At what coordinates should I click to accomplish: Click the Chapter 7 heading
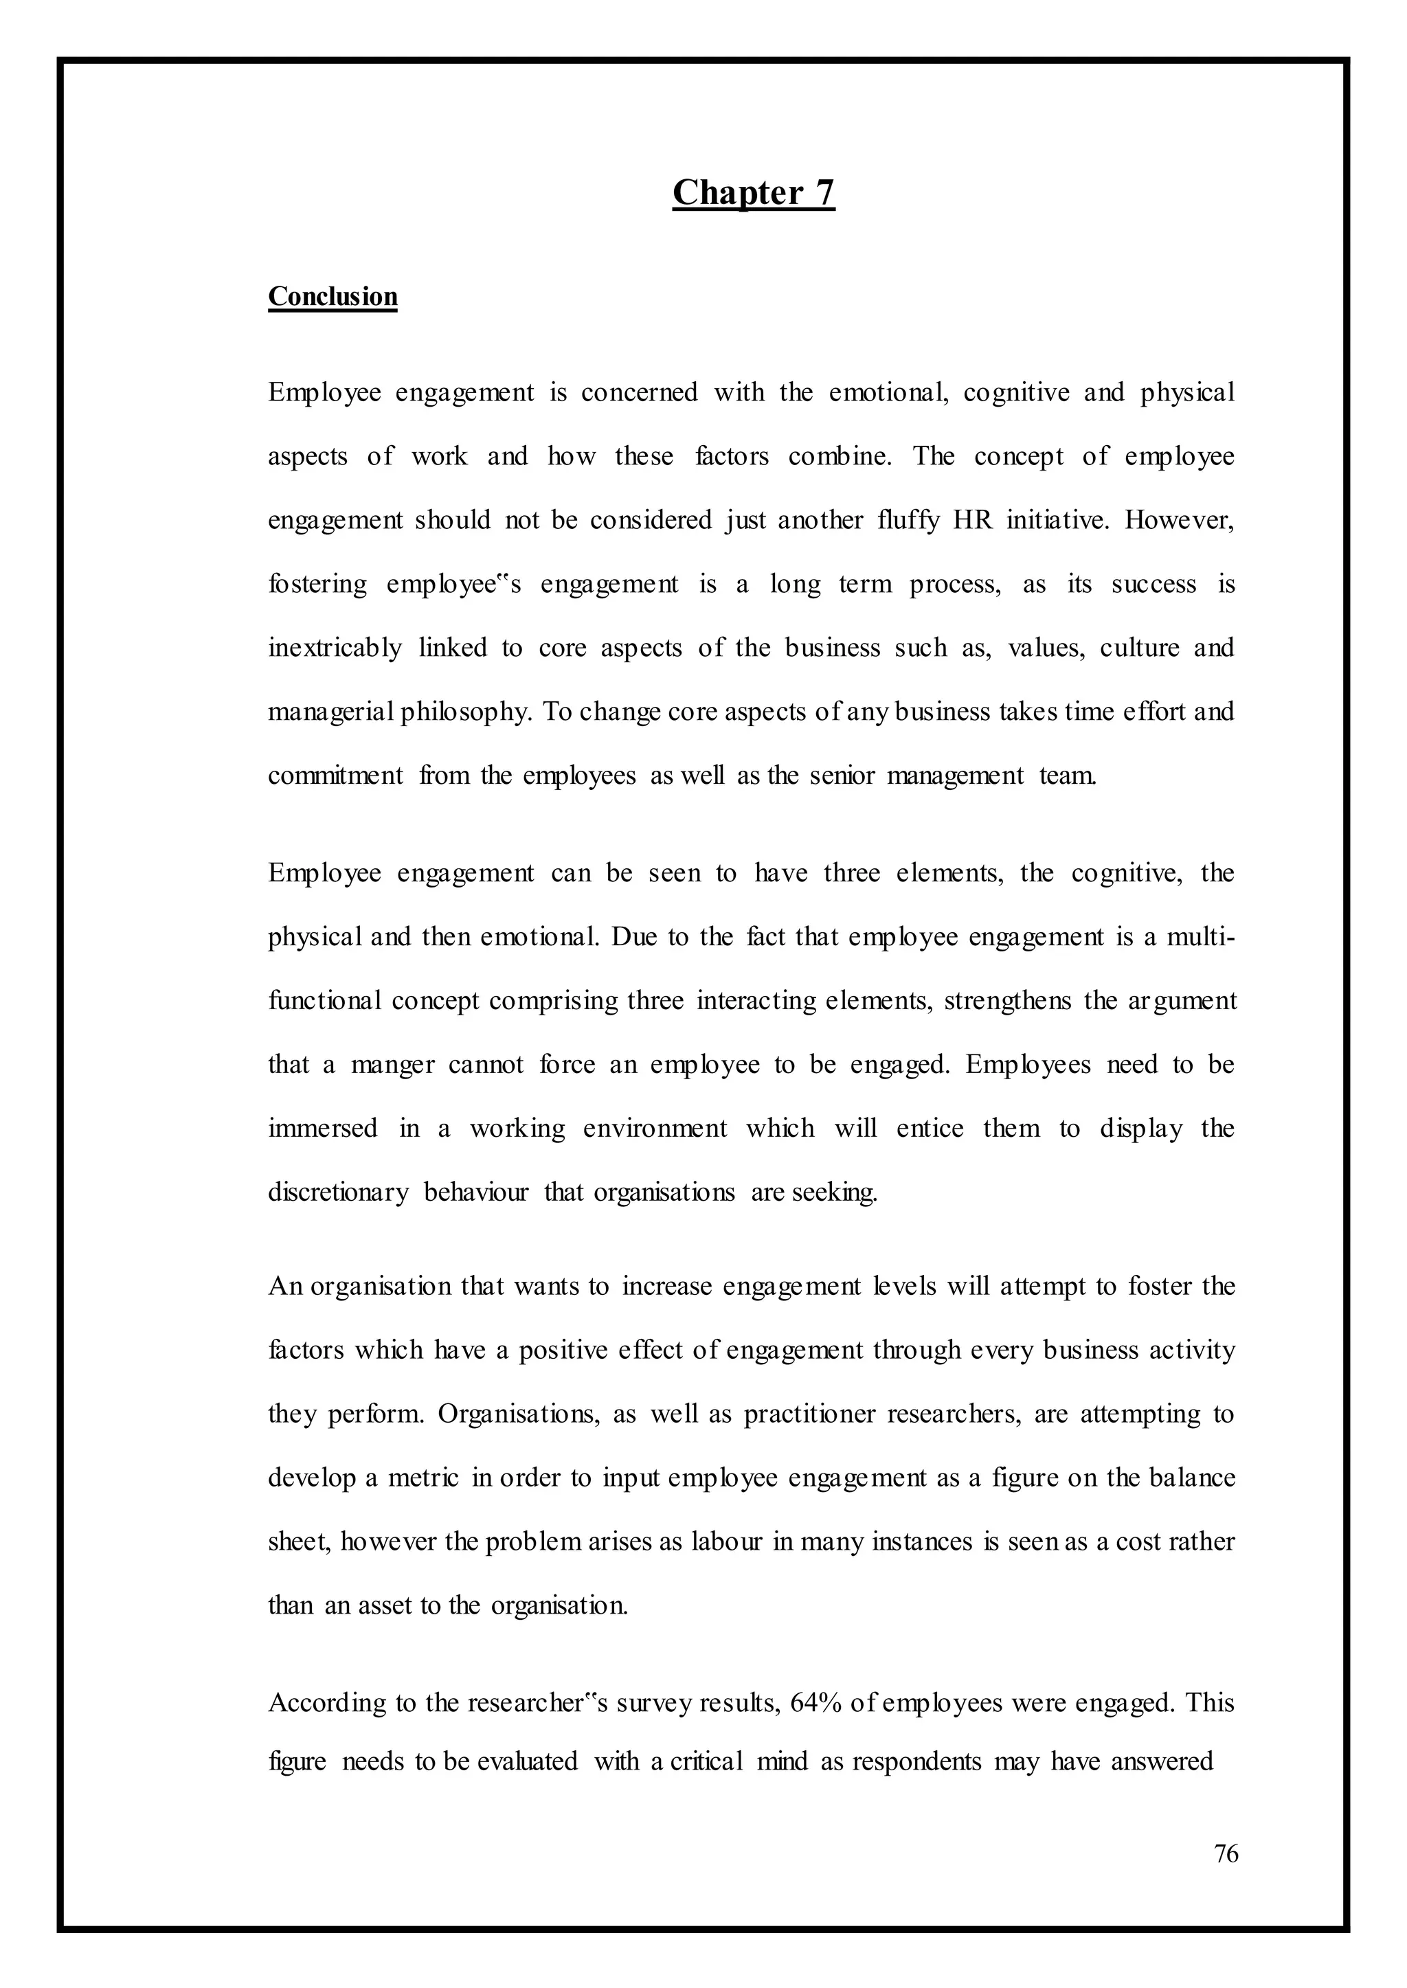pyautogui.click(x=753, y=192)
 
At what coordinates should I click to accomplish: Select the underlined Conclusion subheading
pyautogui.click(x=333, y=296)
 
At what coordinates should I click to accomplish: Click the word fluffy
pyautogui.click(x=907, y=521)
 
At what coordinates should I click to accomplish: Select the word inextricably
pyautogui.click(x=335, y=648)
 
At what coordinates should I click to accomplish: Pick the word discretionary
pyautogui.click(x=338, y=1193)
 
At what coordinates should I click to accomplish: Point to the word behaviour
pyautogui.click(x=475, y=1193)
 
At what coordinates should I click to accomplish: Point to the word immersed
pyautogui.click(x=322, y=1129)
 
